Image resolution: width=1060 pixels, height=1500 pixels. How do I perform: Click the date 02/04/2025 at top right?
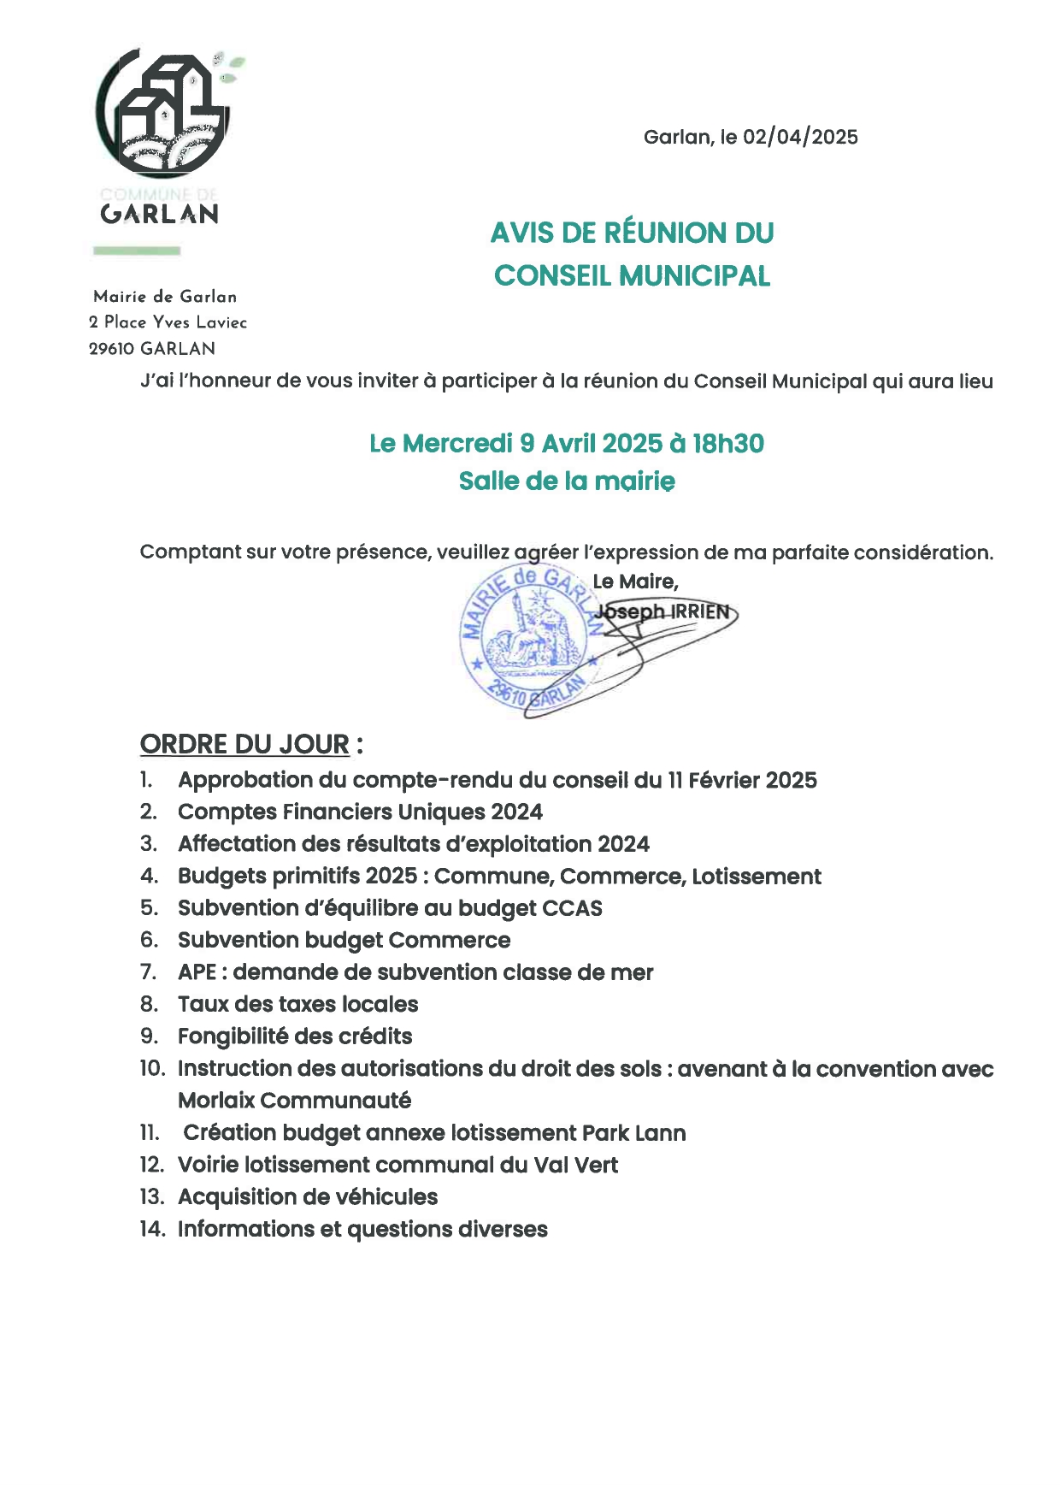(x=800, y=138)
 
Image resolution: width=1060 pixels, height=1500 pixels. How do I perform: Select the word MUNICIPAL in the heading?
(x=694, y=276)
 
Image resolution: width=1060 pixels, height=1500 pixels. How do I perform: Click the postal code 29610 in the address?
(x=112, y=349)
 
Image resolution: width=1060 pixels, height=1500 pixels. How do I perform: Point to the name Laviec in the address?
(x=221, y=322)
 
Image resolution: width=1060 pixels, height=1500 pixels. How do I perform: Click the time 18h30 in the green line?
(x=728, y=444)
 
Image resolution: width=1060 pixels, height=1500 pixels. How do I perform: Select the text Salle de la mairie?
(x=567, y=481)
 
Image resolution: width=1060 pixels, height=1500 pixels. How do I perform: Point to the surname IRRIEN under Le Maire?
(x=700, y=611)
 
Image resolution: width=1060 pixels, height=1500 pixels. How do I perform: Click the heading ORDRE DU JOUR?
(x=244, y=745)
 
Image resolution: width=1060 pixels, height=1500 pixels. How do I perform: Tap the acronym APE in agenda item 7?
(x=197, y=972)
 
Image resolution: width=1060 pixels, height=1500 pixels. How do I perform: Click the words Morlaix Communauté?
(x=294, y=1101)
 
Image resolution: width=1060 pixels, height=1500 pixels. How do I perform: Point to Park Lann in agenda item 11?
(x=633, y=1133)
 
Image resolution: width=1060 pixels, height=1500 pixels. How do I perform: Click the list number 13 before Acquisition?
(x=151, y=1197)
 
